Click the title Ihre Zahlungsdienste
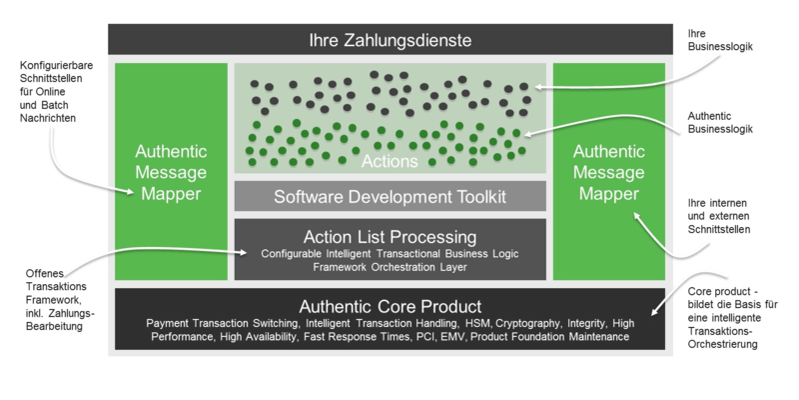[x=390, y=40]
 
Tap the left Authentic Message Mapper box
[x=171, y=171]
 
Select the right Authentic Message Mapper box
[x=608, y=171]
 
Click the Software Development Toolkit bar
[x=390, y=196]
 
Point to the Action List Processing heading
[x=390, y=237]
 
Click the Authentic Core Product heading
[x=390, y=305]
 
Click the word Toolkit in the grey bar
[x=475, y=196]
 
